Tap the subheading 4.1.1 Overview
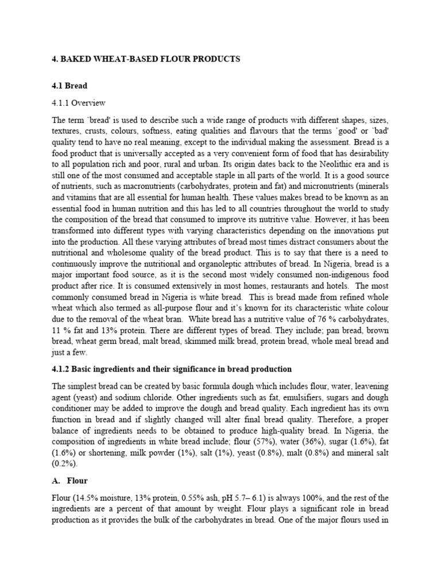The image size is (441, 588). pyautogui.click(x=79, y=103)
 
